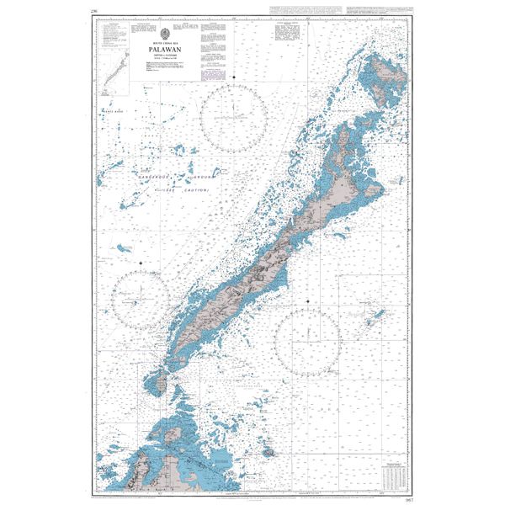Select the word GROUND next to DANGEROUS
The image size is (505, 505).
(202, 178)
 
